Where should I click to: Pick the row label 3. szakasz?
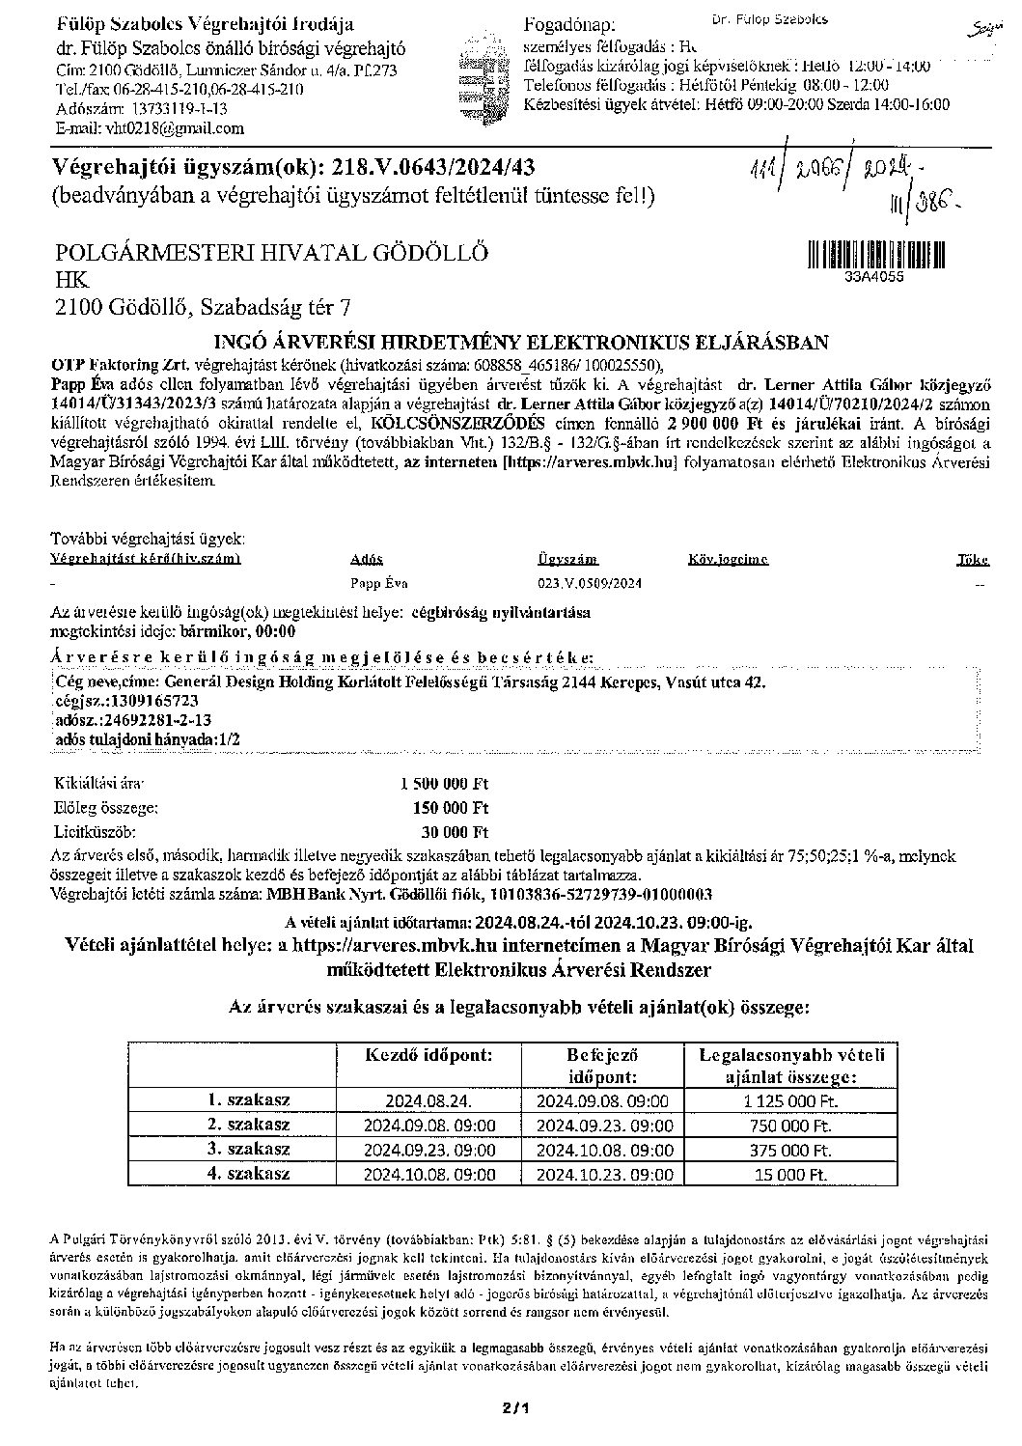[248, 1150]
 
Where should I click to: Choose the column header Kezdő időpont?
[428, 1055]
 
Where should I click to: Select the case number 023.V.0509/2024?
[589, 584]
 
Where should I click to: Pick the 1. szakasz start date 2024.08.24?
[428, 1100]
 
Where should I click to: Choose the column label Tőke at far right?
[971, 559]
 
